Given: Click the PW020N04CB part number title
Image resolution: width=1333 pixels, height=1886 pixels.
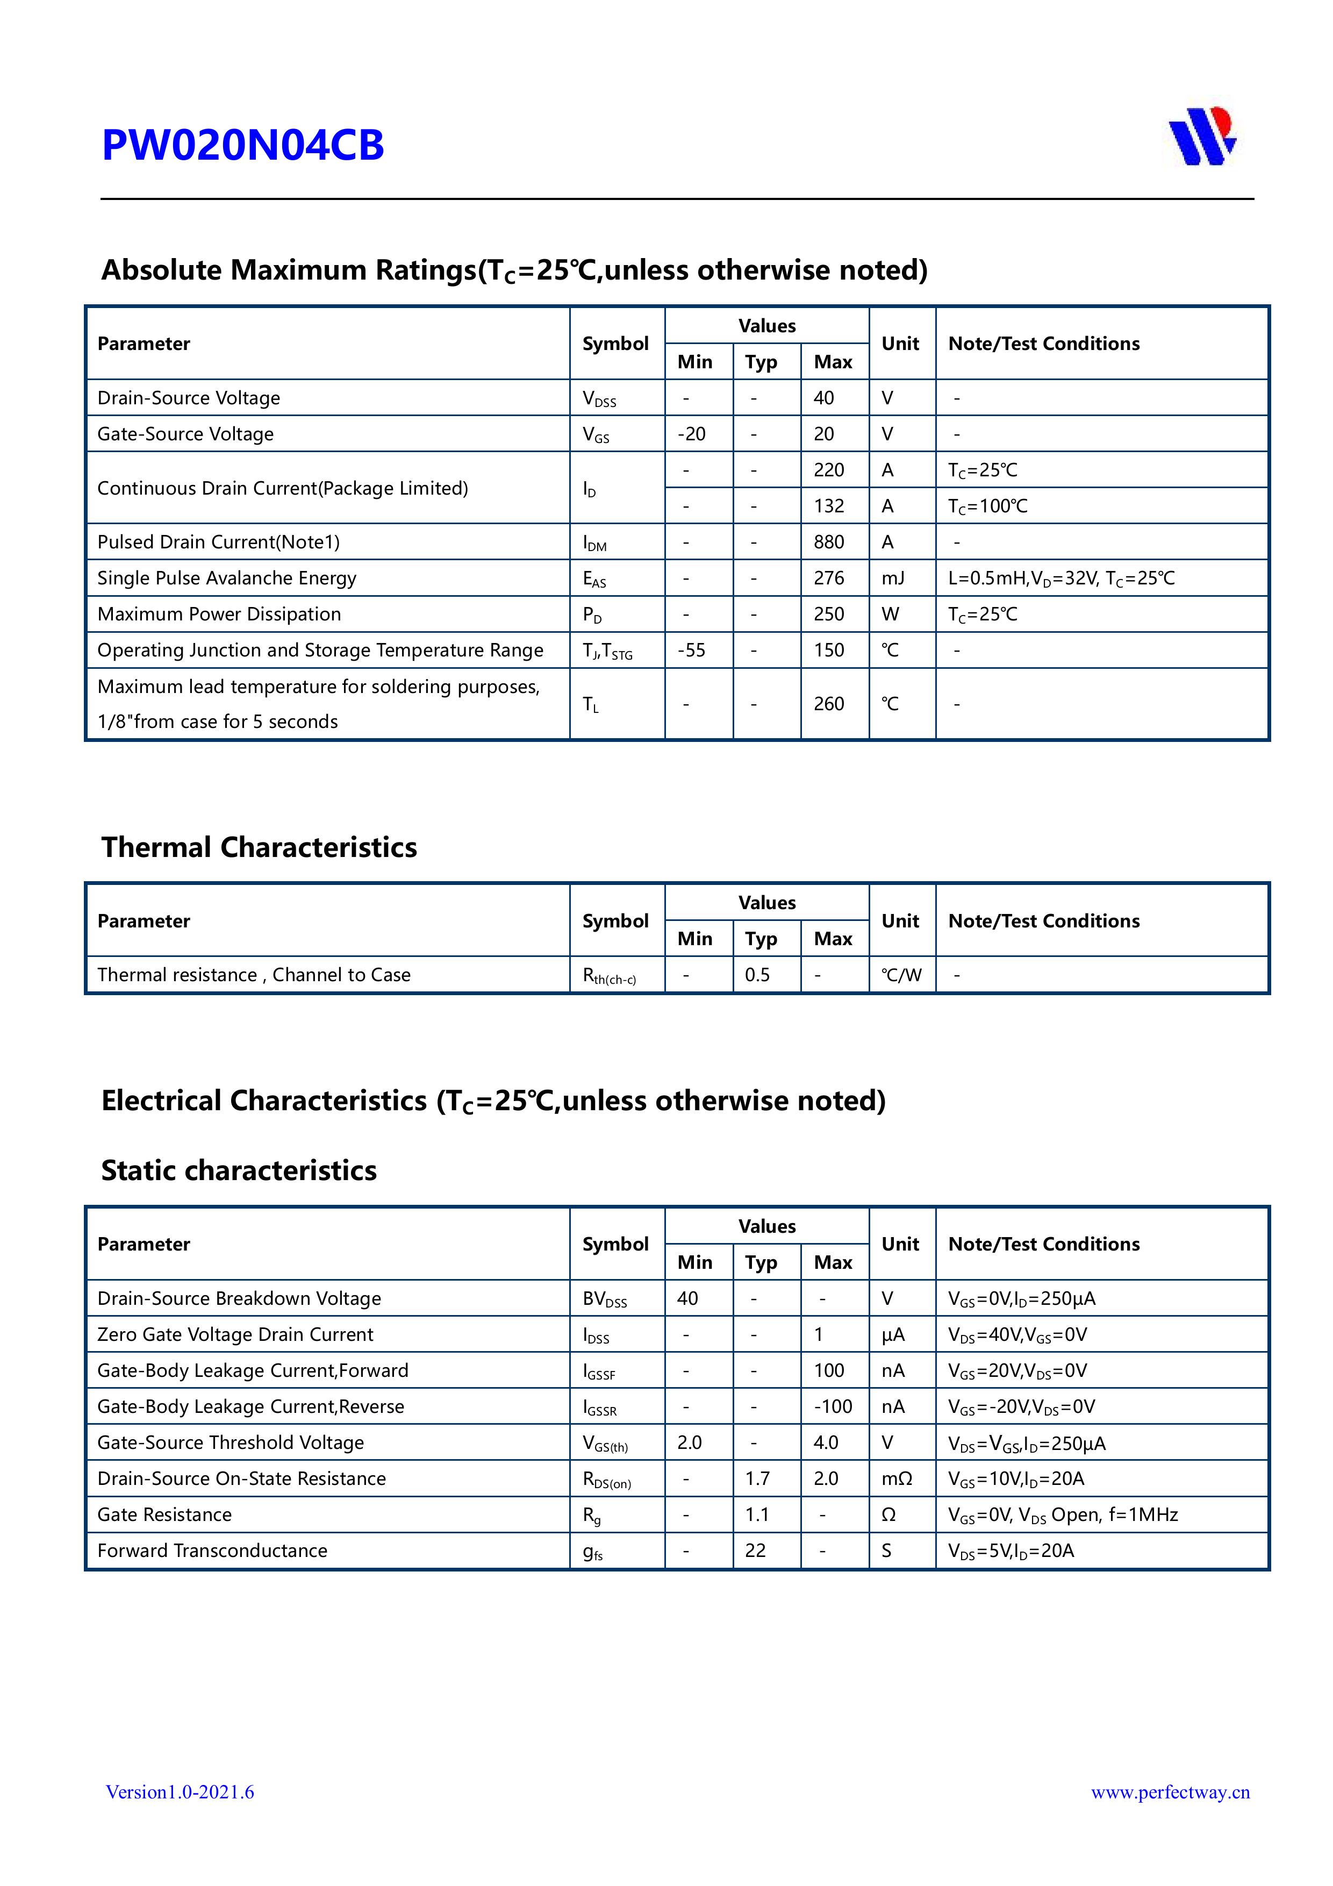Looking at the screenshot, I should [x=242, y=145].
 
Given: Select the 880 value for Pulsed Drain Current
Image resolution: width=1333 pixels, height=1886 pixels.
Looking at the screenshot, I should [x=829, y=542].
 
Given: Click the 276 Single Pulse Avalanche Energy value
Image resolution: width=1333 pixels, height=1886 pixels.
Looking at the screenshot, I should [x=829, y=578].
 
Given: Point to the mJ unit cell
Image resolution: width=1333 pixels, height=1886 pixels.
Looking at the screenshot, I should [x=893, y=578].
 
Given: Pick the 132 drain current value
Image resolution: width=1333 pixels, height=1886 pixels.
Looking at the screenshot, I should [x=829, y=506].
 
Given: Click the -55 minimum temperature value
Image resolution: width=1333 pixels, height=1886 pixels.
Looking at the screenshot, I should [x=692, y=651].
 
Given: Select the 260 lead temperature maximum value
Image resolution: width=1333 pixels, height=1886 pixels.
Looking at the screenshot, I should [x=829, y=704].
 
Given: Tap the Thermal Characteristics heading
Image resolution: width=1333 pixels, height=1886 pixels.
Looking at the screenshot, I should [x=259, y=847].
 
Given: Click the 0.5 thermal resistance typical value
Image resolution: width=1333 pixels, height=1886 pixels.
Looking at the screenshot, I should [x=757, y=975].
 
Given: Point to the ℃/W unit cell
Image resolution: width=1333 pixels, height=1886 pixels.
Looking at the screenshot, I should [x=901, y=975].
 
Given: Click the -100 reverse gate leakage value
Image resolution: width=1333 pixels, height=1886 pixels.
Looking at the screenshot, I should [x=833, y=1406].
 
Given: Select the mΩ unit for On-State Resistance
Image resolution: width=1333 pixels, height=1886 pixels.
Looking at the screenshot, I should [x=896, y=1478].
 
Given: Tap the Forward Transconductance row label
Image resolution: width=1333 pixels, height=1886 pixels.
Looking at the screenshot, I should [x=212, y=1551].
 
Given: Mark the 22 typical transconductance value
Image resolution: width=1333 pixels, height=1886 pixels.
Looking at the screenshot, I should [x=756, y=1551].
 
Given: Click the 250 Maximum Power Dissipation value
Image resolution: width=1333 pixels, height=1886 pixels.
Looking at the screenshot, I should [x=829, y=615].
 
